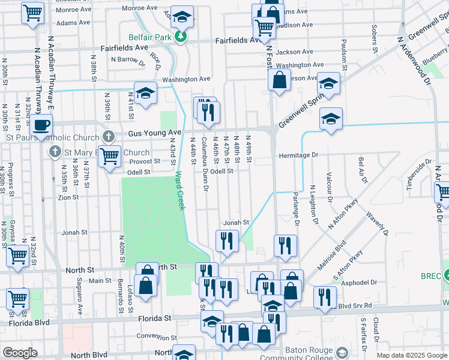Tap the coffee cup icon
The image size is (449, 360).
[x=41, y=125]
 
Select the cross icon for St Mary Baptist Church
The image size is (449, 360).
[x=55, y=151]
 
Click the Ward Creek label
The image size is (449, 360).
[x=180, y=191]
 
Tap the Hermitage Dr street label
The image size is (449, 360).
[x=298, y=155]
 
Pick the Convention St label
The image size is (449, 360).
[x=156, y=337]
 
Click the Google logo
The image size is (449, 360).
[x=20, y=353]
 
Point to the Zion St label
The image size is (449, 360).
[x=68, y=197]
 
